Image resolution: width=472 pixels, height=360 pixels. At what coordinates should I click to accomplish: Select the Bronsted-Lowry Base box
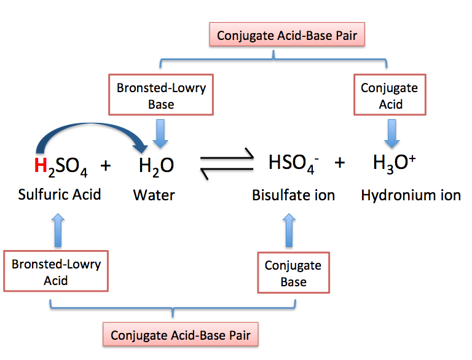pos(161,95)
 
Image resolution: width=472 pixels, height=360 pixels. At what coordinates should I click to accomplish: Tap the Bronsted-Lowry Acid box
pos(57,272)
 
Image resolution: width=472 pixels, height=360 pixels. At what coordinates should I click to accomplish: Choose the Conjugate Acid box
pos(389,95)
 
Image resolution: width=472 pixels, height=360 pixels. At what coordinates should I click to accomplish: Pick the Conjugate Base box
pos(293,273)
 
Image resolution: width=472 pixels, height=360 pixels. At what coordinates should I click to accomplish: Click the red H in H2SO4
pos(40,165)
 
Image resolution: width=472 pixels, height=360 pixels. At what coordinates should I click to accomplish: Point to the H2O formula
pos(155,165)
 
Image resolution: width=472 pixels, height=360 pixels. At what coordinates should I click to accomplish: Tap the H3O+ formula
pos(395,163)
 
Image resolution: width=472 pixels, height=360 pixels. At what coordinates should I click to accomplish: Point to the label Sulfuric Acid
pos(60,195)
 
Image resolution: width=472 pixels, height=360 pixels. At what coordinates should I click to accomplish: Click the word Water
pos(154,195)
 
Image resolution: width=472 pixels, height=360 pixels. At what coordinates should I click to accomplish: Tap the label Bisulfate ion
pos(293,195)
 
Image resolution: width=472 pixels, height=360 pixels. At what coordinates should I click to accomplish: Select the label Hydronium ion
pos(411,195)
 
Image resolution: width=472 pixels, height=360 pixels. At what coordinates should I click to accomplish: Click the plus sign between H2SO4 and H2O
pos(105,165)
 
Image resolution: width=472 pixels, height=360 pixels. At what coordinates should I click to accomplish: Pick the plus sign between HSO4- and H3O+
pos(339,163)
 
